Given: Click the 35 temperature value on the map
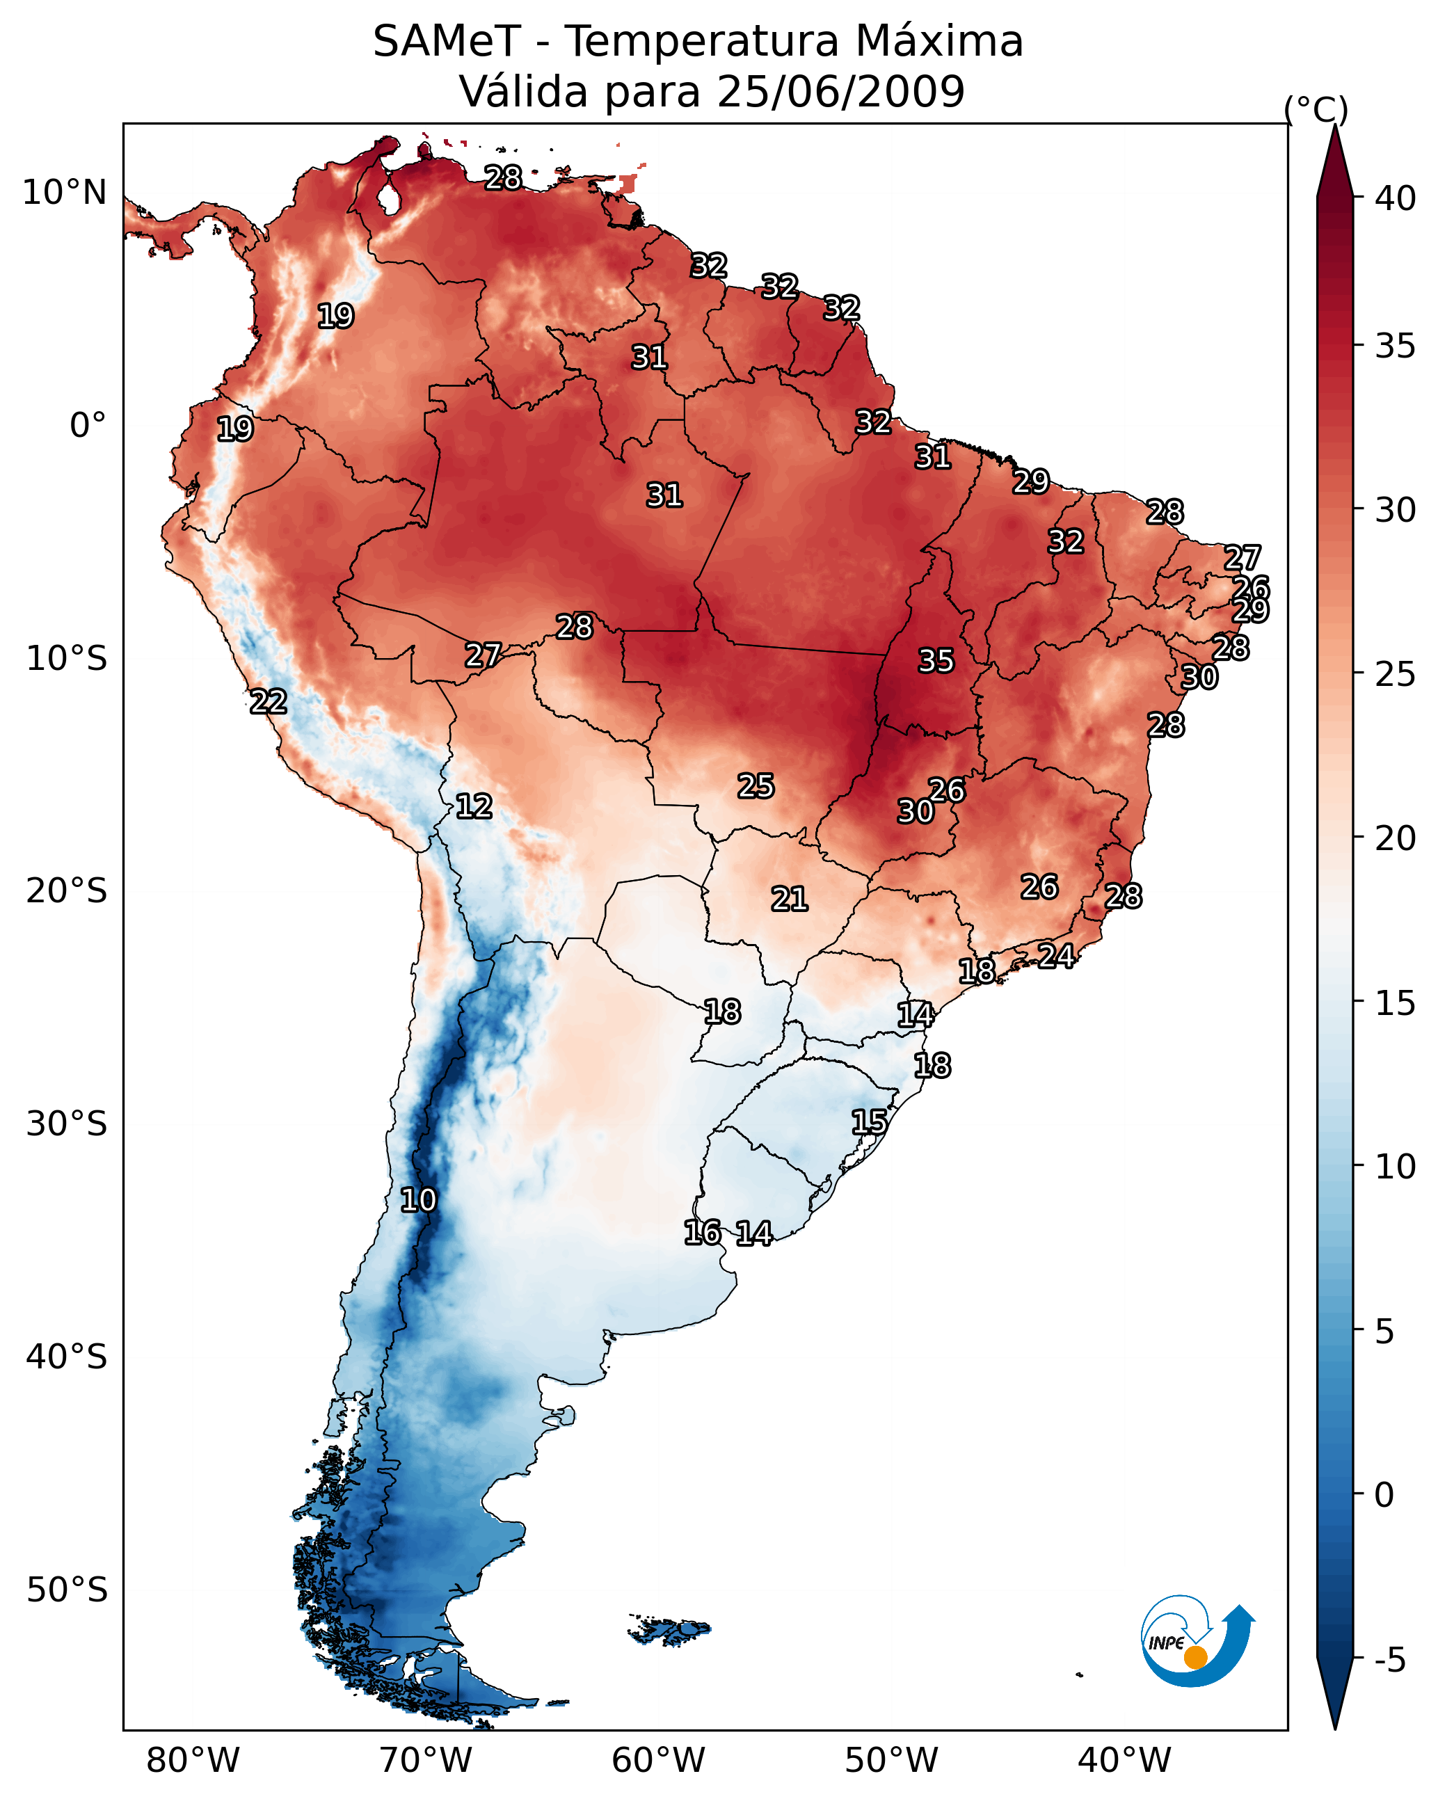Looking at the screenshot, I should pyautogui.click(x=936, y=661).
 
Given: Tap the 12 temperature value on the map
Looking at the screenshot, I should pyautogui.click(x=474, y=806).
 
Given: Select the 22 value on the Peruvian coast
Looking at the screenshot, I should pyautogui.click(x=269, y=702).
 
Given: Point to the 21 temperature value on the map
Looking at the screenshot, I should pyautogui.click(x=790, y=899).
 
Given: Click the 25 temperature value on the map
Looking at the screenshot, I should pyautogui.click(x=756, y=785).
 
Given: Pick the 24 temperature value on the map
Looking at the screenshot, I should pyautogui.click(x=1056, y=955).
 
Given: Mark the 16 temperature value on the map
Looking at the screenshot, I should pyautogui.click(x=703, y=1233).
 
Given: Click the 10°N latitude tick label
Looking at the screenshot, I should pyautogui.click(x=64, y=193).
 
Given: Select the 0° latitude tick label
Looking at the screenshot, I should pyautogui.click(x=88, y=426).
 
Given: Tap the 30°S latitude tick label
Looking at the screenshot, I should pyautogui.click(x=67, y=1124).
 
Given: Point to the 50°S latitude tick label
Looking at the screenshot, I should pyautogui.click(x=67, y=1590).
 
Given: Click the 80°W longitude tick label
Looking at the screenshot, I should pyautogui.click(x=193, y=1761).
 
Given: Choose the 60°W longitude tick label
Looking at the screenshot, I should pyautogui.click(x=659, y=1761).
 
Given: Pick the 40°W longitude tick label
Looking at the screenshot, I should pyautogui.click(x=1124, y=1761).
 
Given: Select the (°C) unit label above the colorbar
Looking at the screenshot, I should pyautogui.click(x=1316, y=109).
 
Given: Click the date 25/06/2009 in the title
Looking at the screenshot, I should pyautogui.click(x=840, y=92).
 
